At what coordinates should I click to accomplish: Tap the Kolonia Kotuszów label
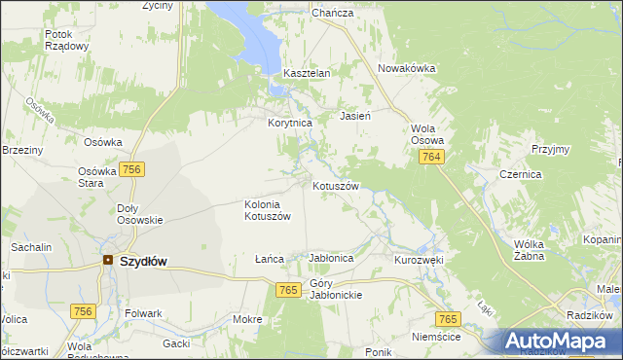click(x=268, y=210)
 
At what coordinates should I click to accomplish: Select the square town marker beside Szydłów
click(x=107, y=261)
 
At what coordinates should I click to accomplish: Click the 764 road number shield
click(x=433, y=158)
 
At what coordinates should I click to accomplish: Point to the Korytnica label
click(x=289, y=124)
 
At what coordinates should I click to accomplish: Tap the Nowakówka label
click(x=407, y=68)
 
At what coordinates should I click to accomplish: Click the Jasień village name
click(x=354, y=116)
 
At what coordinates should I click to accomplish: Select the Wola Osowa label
click(x=427, y=133)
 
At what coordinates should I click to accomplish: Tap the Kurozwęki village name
click(x=419, y=260)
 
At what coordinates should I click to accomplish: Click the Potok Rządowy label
click(x=67, y=40)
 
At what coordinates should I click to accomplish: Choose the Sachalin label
click(x=31, y=248)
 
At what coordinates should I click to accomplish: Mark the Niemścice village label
click(x=436, y=337)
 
